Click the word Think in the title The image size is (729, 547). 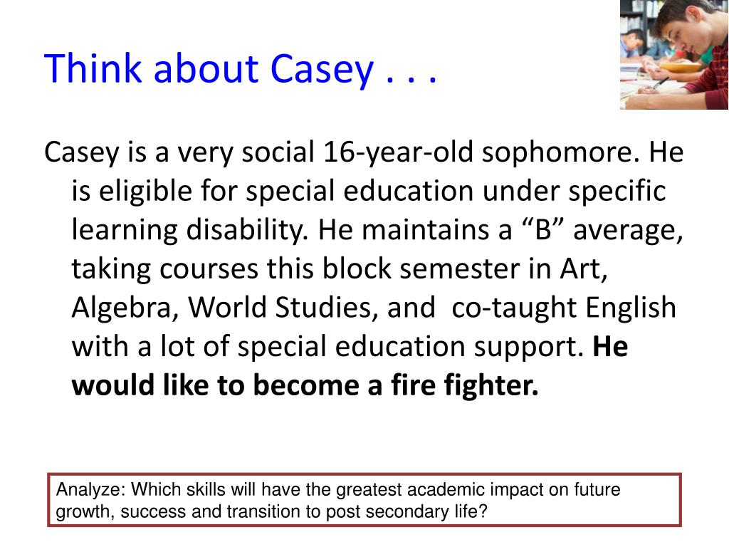point(93,68)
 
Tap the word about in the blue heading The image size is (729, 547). point(206,68)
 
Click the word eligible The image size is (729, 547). point(145,191)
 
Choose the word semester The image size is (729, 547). point(459,269)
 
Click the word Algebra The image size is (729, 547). point(125,308)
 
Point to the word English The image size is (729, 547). point(631,308)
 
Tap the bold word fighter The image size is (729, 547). point(491,386)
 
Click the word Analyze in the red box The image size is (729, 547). point(91,490)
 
